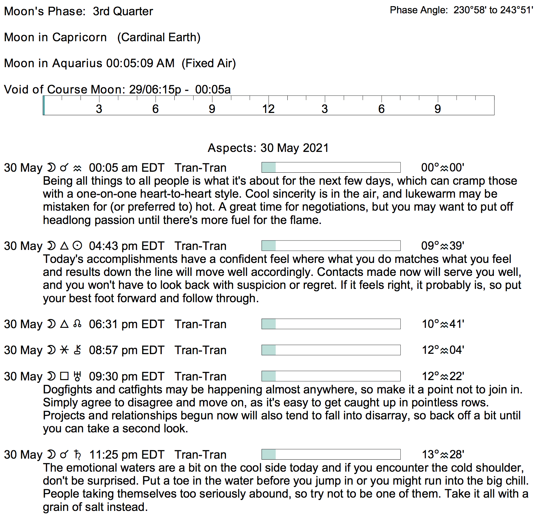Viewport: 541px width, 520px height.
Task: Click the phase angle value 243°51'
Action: (x=516, y=10)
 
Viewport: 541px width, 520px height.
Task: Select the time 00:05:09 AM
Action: (x=140, y=63)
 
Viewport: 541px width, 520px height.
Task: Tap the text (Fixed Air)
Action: (x=208, y=63)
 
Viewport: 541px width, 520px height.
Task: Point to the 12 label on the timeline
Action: (x=268, y=109)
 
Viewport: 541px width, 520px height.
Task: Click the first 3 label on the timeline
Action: (x=99, y=109)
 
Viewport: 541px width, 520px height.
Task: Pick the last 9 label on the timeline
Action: (x=438, y=109)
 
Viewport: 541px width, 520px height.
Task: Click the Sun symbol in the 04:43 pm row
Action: (x=77, y=246)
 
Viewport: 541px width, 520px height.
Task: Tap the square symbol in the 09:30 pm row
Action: (x=65, y=376)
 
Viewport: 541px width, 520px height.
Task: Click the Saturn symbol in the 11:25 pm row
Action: (x=77, y=454)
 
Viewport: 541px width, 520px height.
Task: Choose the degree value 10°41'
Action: (x=443, y=324)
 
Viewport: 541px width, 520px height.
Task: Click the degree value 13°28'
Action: (x=443, y=454)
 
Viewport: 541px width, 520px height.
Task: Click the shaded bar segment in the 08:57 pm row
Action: (x=269, y=350)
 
